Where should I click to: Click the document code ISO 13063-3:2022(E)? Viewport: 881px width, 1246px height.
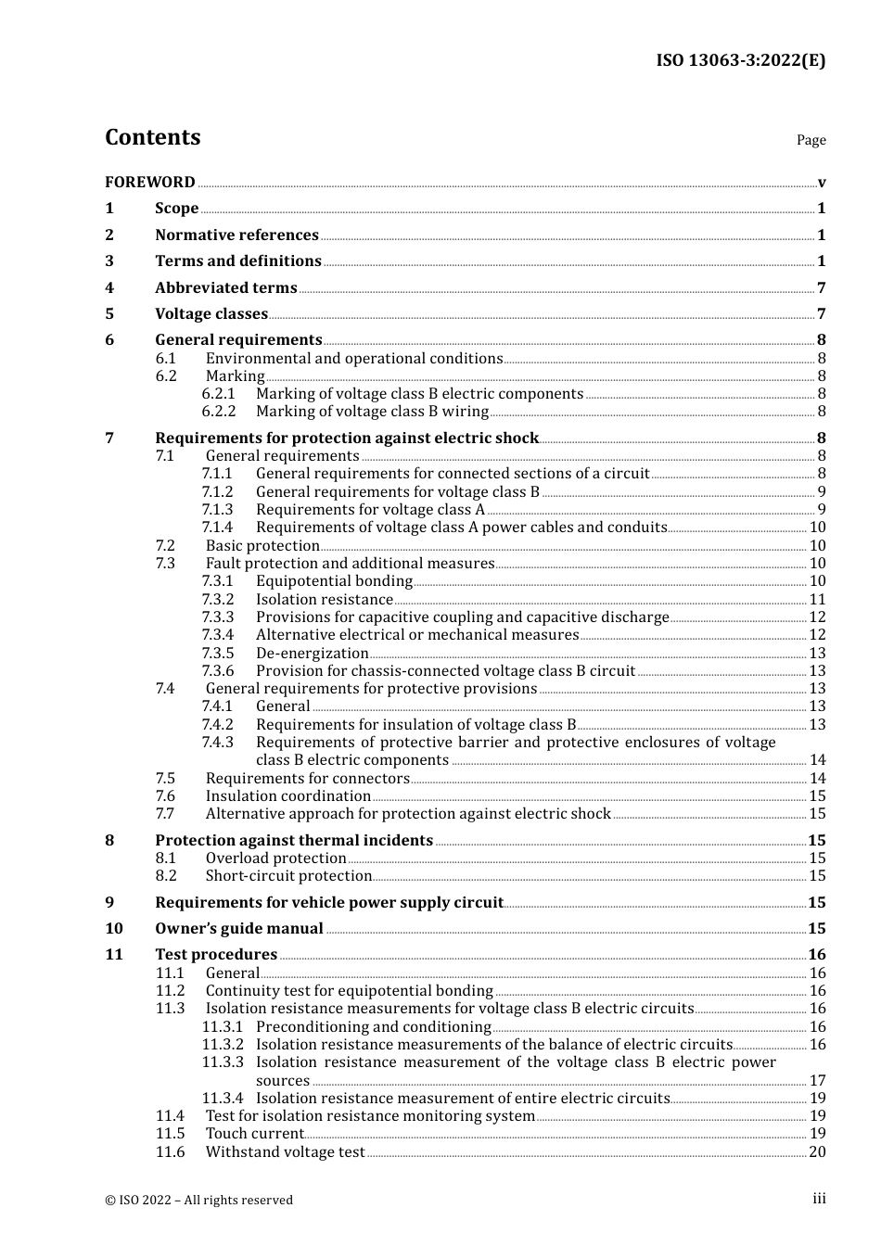pyautogui.click(x=740, y=60)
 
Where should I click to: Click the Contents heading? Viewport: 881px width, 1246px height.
pyautogui.click(x=152, y=137)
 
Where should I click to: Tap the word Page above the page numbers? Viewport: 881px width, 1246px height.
pyautogui.click(x=811, y=140)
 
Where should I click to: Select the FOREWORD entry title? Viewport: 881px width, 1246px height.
pyautogui.click(x=150, y=183)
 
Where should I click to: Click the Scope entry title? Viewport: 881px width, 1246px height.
pyautogui.click(x=176, y=209)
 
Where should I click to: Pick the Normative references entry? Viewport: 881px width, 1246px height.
pyautogui.click(x=236, y=235)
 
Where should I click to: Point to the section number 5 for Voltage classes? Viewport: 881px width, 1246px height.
pyautogui.click(x=109, y=314)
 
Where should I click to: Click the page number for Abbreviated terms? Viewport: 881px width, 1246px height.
pyautogui.click(x=821, y=288)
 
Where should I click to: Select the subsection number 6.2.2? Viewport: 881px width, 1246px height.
pyautogui.click(x=219, y=412)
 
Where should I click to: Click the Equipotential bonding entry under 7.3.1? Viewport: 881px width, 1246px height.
pyautogui.click(x=334, y=581)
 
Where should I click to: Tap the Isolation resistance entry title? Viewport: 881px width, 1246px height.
pyautogui.click(x=325, y=600)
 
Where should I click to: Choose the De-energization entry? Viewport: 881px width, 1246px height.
pyautogui.click(x=312, y=654)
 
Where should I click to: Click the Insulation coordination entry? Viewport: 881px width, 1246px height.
pyautogui.click(x=288, y=796)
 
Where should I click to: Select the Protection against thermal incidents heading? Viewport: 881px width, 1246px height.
pyautogui.click(x=294, y=841)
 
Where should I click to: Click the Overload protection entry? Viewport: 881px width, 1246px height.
pyautogui.click(x=275, y=858)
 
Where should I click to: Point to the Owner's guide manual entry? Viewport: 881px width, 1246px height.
pyautogui.click(x=239, y=929)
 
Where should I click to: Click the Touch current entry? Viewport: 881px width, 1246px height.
pyautogui.click(x=254, y=1134)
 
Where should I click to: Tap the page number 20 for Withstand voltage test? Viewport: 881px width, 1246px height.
pyautogui.click(x=817, y=1152)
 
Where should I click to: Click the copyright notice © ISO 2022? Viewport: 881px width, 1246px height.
pyautogui.click(x=198, y=1200)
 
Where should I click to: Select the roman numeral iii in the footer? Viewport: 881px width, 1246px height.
pyautogui.click(x=819, y=1199)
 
